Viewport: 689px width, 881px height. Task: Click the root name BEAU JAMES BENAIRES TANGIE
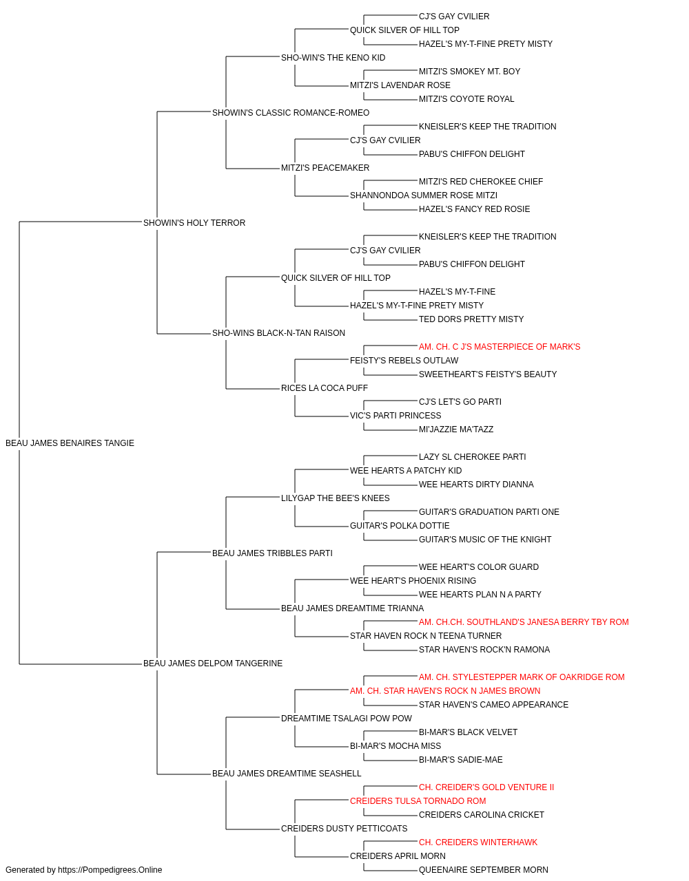[70, 443]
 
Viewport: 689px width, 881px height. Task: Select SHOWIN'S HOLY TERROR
[194, 223]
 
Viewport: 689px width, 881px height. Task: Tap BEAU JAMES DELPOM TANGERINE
[213, 664]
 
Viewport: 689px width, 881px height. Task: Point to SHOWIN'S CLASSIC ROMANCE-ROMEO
[291, 113]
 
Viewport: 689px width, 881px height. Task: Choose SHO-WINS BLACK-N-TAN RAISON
[278, 333]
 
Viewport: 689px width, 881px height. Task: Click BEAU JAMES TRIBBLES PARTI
[272, 553]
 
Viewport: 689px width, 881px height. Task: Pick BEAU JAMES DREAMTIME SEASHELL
[287, 773]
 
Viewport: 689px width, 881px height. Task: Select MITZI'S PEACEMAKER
[325, 168]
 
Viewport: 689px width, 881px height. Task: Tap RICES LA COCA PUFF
[325, 388]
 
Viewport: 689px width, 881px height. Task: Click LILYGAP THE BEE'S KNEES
[335, 498]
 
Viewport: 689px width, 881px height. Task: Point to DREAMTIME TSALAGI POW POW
[346, 719]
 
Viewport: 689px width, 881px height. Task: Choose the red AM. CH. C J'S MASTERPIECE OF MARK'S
[499, 347]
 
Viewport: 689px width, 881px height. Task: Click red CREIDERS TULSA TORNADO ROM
[418, 800]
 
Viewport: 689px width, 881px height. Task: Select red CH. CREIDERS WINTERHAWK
[477, 842]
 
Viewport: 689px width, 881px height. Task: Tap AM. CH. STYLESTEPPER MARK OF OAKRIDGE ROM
[522, 677]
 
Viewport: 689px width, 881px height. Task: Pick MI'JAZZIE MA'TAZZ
[455, 429]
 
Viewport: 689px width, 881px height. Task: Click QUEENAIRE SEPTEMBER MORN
[483, 870]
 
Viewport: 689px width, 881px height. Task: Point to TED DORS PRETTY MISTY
[471, 319]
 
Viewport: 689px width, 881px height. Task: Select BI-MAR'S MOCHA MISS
[395, 745]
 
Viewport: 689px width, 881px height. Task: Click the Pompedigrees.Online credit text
[83, 870]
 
